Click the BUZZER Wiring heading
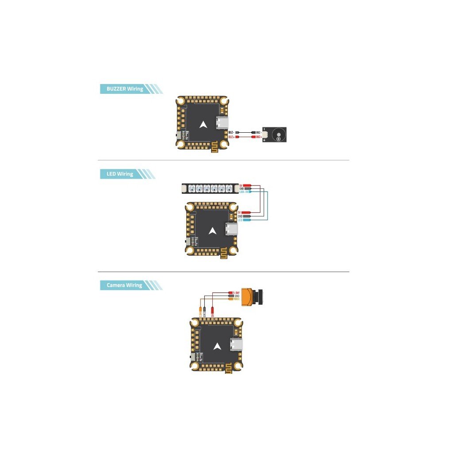point(125,89)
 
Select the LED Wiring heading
point(119,174)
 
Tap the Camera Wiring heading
point(124,285)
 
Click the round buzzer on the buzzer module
point(279,133)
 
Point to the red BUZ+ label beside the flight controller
point(231,137)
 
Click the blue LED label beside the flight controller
point(240,220)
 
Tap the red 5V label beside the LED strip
point(241,185)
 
